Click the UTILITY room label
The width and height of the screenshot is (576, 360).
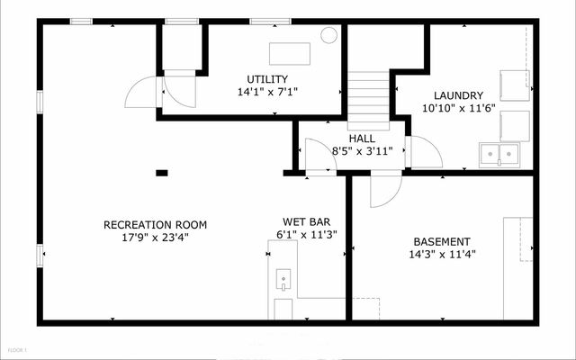[267, 79]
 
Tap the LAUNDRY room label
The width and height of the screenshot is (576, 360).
[458, 95]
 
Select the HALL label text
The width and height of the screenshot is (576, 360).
[362, 139]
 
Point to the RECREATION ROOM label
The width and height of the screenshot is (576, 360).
[155, 225]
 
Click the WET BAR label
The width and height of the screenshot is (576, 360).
[306, 222]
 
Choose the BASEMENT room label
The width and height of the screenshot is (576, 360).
[442, 242]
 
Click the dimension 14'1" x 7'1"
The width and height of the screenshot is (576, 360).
[267, 92]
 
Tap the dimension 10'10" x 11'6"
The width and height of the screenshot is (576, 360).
[459, 108]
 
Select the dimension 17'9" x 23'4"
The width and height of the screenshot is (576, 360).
[155, 238]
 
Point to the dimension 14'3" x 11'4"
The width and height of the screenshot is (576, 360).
[442, 254]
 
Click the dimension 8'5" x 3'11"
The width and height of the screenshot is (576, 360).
[362, 151]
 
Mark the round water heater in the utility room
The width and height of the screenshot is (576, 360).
[328, 35]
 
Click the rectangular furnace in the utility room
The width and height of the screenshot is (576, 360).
[290, 54]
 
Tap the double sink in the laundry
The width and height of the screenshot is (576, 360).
[499, 156]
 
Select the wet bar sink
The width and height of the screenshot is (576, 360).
[283, 279]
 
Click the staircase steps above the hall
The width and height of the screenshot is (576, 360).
[368, 100]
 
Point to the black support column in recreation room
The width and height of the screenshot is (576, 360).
[162, 173]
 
